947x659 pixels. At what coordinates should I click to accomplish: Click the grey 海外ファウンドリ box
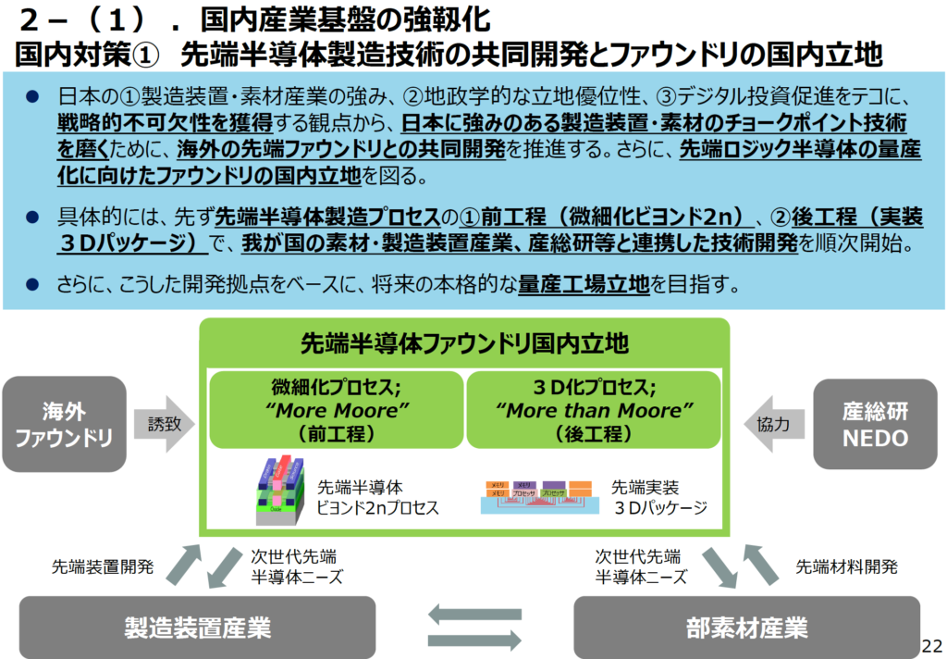pos(64,424)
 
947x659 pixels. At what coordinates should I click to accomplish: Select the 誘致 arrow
pos(165,424)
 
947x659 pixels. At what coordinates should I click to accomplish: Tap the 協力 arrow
pos(769,424)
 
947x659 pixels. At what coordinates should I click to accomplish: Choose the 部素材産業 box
pos(746,628)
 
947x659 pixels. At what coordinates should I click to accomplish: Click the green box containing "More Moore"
pos(336,409)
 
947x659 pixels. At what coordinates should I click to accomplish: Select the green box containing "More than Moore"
pos(594,409)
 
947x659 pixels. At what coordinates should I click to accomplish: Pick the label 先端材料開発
pos(846,566)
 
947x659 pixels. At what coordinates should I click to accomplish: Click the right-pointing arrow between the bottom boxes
pos(474,638)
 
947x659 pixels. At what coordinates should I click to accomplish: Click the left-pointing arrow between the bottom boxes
pos(474,614)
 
